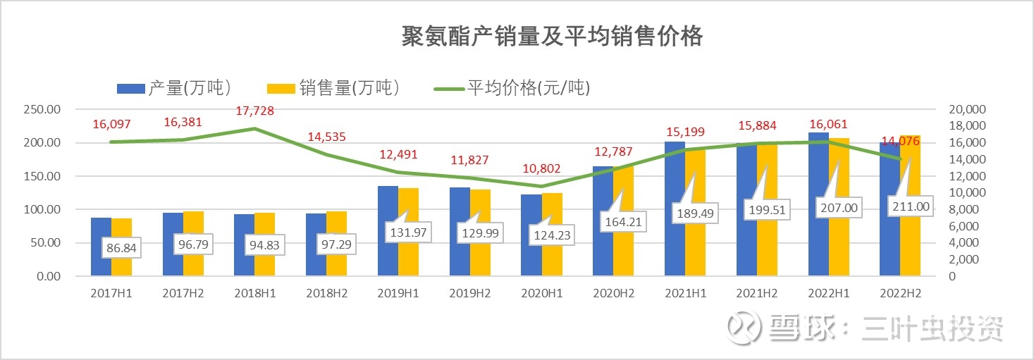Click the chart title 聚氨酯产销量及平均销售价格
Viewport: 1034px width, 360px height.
coord(552,36)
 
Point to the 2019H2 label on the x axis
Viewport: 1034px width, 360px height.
coord(470,294)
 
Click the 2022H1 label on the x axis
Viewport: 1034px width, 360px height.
coord(828,294)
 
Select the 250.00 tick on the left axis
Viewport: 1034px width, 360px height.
coord(42,110)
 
